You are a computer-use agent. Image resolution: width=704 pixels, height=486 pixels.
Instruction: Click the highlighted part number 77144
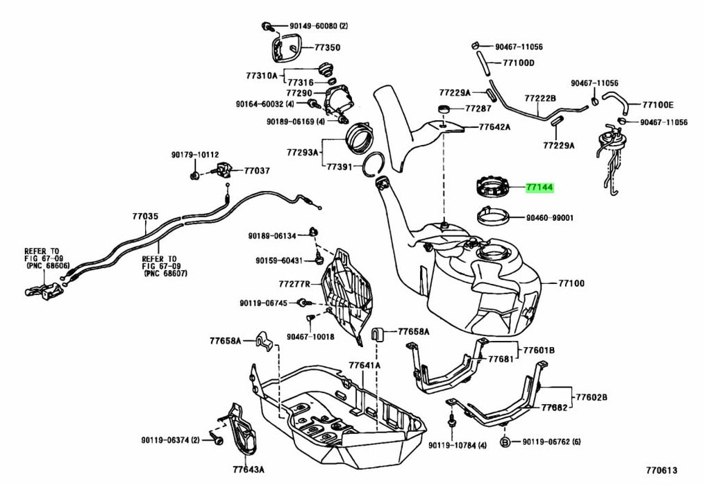pos(539,187)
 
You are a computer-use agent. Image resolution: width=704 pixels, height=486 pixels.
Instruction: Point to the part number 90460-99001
pos(549,217)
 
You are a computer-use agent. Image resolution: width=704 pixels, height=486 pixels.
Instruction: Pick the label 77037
pos(256,170)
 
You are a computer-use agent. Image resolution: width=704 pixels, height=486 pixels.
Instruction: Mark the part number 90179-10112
pos(195,155)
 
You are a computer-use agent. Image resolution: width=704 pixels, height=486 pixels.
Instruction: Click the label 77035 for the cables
pos(146,216)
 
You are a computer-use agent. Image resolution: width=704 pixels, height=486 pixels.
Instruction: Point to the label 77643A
pos(248,470)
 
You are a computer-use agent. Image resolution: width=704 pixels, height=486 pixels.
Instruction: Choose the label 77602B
pos(592,397)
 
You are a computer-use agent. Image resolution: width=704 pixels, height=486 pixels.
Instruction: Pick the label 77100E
pos(657,105)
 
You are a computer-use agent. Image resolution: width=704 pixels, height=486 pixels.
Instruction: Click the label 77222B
pos(540,99)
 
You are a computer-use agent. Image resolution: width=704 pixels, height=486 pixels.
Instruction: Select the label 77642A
pos(494,127)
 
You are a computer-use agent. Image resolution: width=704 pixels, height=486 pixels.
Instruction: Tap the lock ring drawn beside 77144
pos(494,187)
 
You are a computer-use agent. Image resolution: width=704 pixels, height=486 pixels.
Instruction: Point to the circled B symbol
pos(506,441)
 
